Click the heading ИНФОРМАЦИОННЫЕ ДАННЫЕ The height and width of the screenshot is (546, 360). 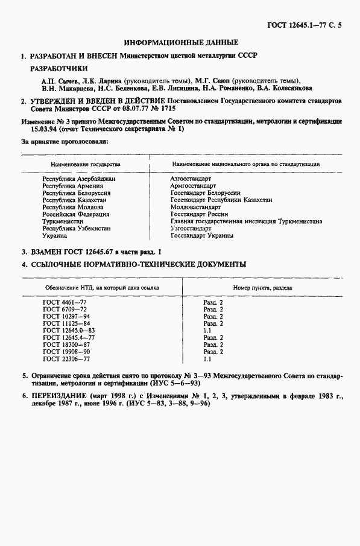(x=181, y=43)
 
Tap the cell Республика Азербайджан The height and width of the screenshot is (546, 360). (x=79, y=179)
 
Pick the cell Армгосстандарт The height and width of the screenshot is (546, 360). (x=193, y=186)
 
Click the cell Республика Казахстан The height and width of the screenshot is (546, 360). (x=74, y=200)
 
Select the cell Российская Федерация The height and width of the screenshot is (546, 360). (x=76, y=214)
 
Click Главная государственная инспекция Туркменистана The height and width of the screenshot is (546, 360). (x=246, y=221)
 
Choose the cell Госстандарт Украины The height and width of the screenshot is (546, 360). (x=201, y=235)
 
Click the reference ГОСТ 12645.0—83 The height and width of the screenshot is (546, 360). (x=68, y=330)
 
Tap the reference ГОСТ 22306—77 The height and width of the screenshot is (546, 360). (x=66, y=358)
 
